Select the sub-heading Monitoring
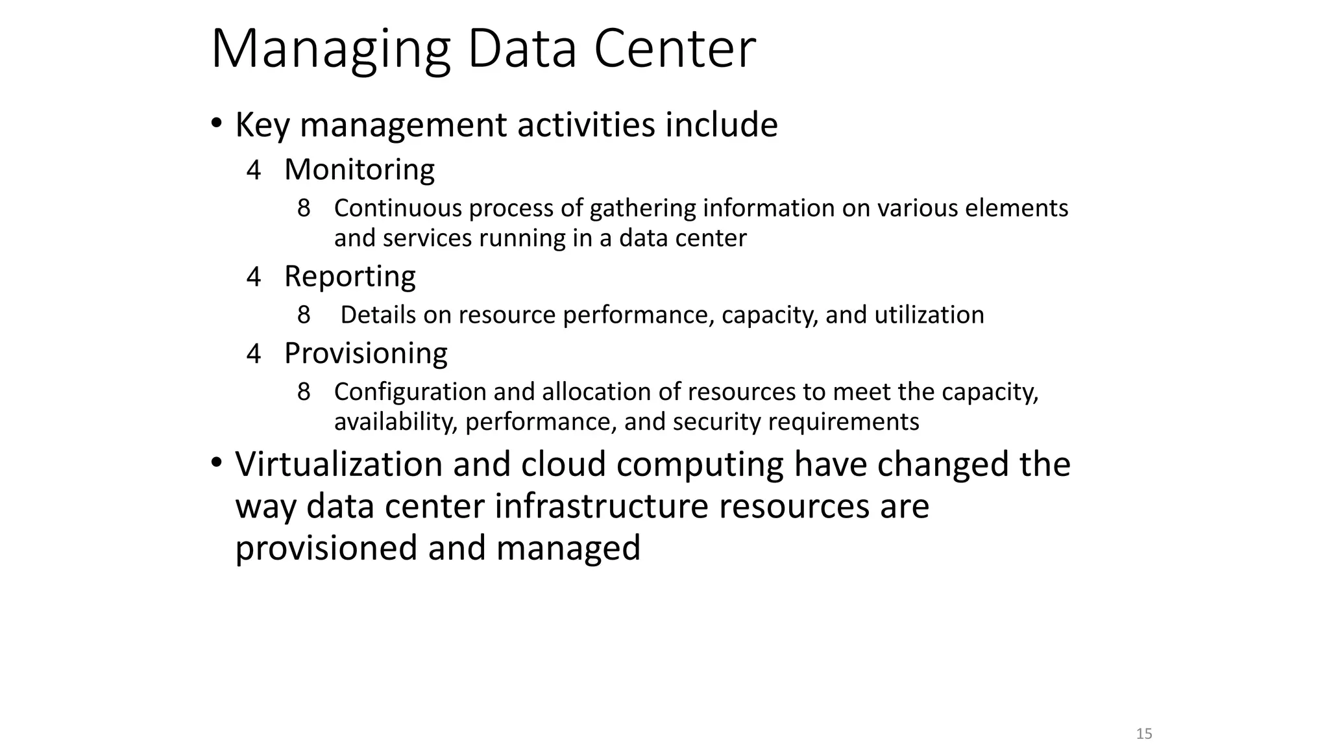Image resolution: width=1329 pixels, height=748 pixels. point(360,169)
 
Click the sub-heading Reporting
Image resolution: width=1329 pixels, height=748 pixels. point(350,277)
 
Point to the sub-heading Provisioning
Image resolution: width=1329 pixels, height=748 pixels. point(366,353)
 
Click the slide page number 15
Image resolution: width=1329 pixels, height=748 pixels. point(1144,734)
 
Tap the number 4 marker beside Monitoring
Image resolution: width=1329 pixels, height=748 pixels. point(254,171)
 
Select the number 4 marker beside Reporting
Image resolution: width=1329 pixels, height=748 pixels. point(254,278)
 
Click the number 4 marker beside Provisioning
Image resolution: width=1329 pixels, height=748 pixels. point(254,355)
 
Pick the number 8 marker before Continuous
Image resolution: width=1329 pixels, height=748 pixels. point(304,209)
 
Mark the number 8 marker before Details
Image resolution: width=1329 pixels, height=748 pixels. point(304,316)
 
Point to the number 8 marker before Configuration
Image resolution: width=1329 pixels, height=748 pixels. point(304,392)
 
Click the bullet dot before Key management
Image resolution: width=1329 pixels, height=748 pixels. point(216,123)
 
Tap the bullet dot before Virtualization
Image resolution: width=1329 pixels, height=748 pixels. point(216,463)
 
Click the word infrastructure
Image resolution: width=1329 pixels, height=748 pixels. point(601,506)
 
